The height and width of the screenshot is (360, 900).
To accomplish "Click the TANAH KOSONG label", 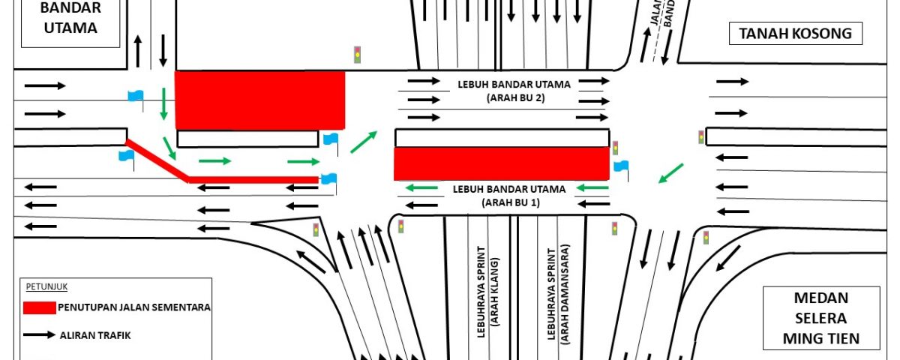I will [x=796, y=33].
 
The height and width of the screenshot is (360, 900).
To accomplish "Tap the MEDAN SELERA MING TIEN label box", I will [x=820, y=318].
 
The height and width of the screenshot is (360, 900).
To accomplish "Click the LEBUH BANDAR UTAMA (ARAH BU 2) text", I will [x=514, y=91].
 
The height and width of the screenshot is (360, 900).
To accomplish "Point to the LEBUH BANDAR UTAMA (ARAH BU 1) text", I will [x=509, y=196].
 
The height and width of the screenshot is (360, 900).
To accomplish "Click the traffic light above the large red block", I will [x=358, y=55].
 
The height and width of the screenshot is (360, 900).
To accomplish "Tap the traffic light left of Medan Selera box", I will [x=705, y=238].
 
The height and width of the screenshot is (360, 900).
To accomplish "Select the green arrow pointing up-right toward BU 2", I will [x=364, y=141].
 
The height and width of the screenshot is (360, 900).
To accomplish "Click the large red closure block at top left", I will [x=259, y=100].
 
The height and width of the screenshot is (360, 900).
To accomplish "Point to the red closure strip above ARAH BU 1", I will [x=501, y=163].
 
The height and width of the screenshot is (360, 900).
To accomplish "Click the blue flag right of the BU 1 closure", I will [x=621, y=166].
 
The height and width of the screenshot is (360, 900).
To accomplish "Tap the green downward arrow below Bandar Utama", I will [x=163, y=103].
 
